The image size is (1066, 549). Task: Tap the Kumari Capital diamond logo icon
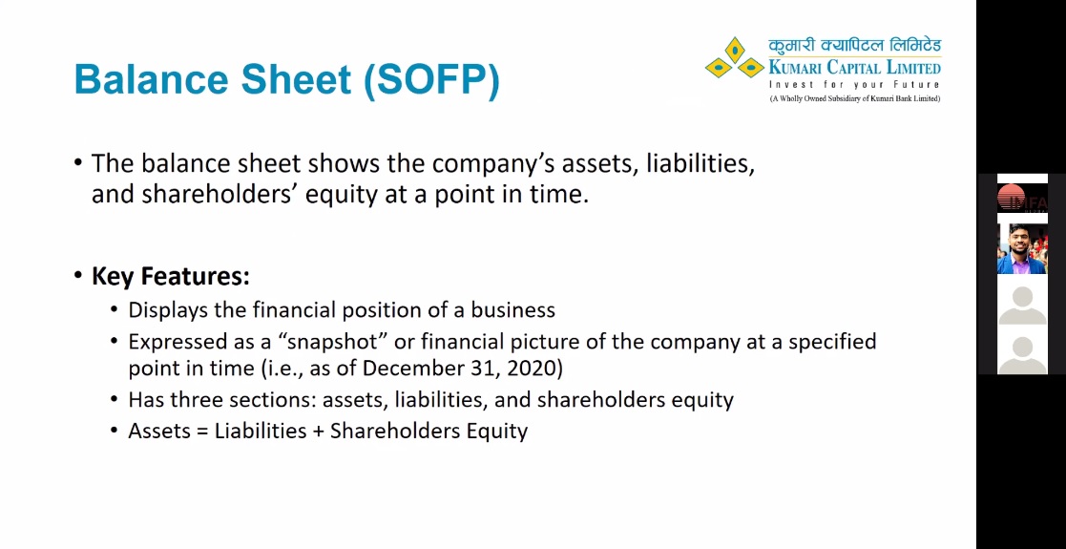[x=734, y=58]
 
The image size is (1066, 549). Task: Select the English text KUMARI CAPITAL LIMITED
[x=854, y=68]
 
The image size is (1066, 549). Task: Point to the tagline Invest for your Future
[x=854, y=85]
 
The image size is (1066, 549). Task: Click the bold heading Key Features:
[x=171, y=276]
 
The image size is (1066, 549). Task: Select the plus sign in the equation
[x=318, y=432]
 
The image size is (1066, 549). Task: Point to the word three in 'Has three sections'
[x=197, y=399]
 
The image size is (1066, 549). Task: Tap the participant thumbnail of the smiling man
[x=1022, y=248]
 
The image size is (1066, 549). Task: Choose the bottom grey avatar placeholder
[x=1022, y=354]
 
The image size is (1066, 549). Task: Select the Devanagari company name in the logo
[x=854, y=46]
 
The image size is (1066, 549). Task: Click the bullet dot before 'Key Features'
[x=78, y=277]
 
